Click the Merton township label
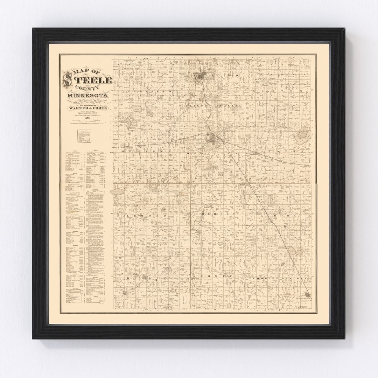[x=280, y=91]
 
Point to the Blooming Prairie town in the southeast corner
[x=308, y=297]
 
